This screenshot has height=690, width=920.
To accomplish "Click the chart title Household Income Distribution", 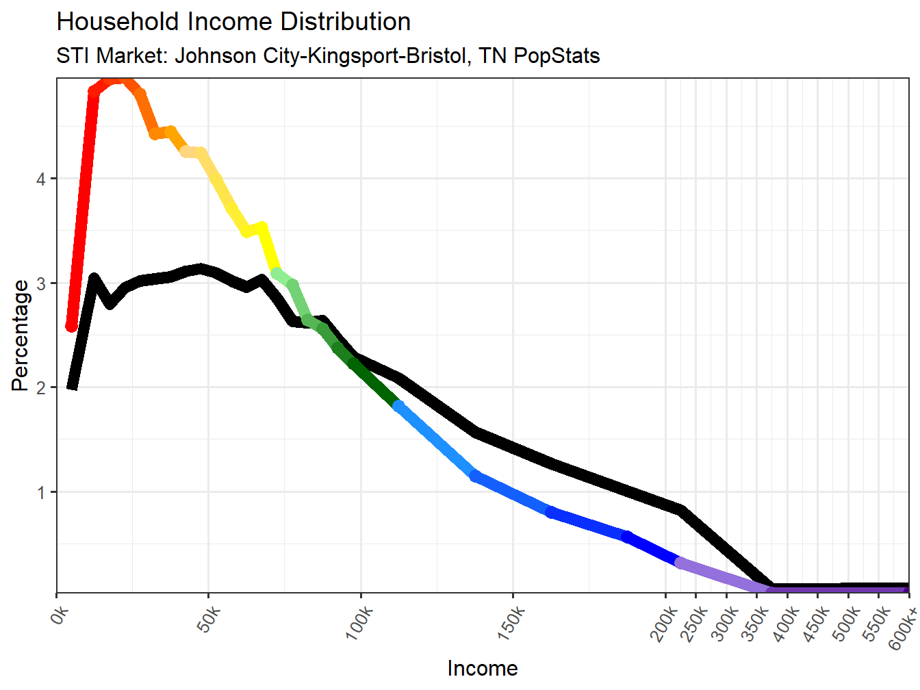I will pyautogui.click(x=233, y=22).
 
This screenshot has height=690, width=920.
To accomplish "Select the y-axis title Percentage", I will pyautogui.click(x=21, y=335).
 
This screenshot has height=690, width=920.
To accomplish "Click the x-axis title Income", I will pyautogui.click(x=482, y=668).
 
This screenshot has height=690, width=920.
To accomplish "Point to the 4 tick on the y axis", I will pyautogui.click(x=42, y=179).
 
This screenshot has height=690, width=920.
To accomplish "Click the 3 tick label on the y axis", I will pyautogui.click(x=42, y=283).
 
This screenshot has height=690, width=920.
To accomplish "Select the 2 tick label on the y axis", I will pyautogui.click(x=42, y=388).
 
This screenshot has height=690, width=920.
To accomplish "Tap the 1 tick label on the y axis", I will pyautogui.click(x=42, y=493).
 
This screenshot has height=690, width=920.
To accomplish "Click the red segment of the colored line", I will pyautogui.click(x=83, y=205).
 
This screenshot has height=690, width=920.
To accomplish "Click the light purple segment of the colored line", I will pyautogui.click(x=719, y=575).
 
